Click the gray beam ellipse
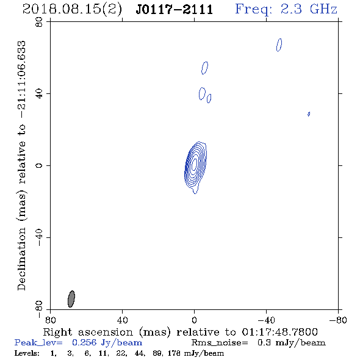pos(71,299)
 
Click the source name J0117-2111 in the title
pos(175,10)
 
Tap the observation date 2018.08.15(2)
pos(72,10)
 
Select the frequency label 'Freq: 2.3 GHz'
pos(286,9)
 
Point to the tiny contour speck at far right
pos(309,114)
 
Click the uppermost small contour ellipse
pos(279,45)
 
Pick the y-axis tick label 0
pos(39,165)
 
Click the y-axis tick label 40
pos(39,94)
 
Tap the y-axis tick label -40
pos(39,237)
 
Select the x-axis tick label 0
pos(194,320)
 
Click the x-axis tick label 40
pos(122,320)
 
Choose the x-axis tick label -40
pos(266,320)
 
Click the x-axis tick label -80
pos(338,320)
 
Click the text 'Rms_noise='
pos(220,343)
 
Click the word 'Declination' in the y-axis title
pos(21,259)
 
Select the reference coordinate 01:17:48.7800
pos(279,332)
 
